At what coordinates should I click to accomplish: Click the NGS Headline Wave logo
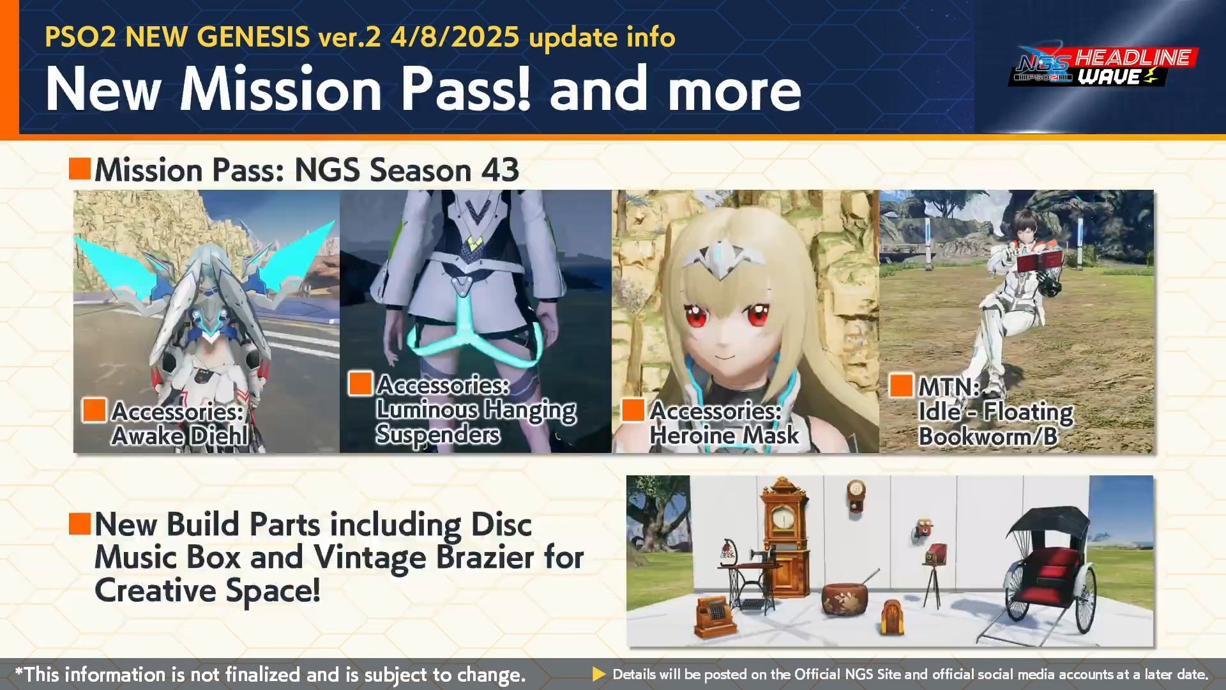[x=1103, y=66]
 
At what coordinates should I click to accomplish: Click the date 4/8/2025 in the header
[x=455, y=36]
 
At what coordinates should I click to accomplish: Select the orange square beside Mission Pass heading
[x=80, y=169]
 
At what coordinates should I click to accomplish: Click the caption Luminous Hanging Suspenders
[x=476, y=410]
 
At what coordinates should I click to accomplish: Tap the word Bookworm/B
[x=988, y=436]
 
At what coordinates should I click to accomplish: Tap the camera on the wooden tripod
[x=937, y=553]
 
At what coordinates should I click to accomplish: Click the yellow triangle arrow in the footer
[x=599, y=674]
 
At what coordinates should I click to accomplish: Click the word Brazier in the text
[x=485, y=557]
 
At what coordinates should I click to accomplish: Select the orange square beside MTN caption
[x=901, y=385]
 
